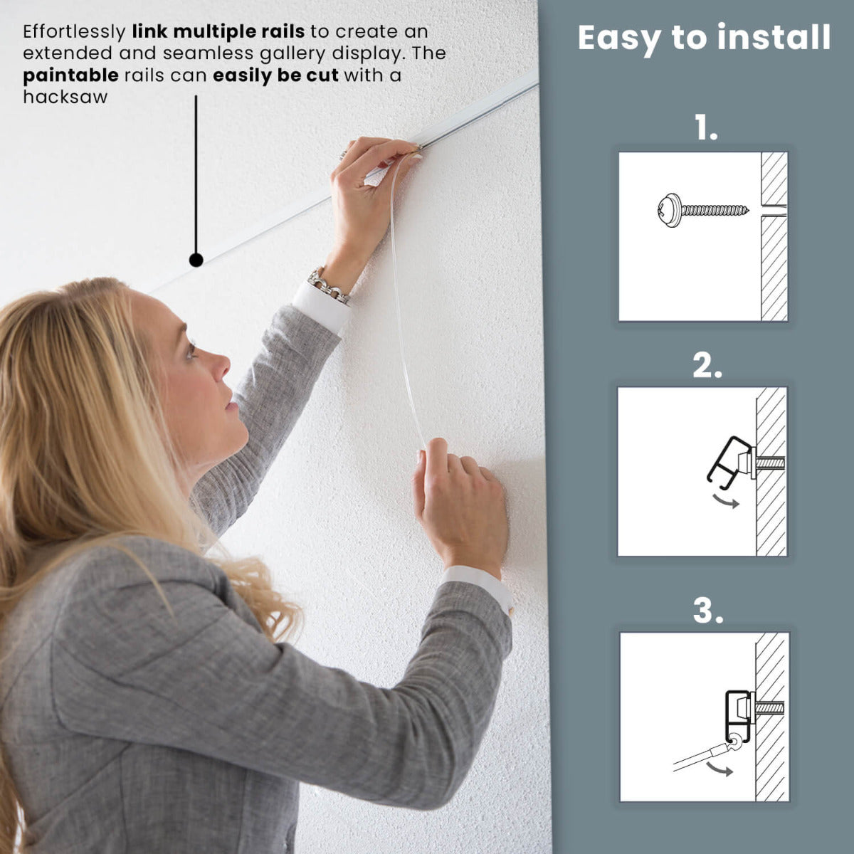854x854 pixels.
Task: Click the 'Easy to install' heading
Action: pyautogui.click(x=704, y=38)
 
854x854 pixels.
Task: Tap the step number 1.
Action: pyautogui.click(x=706, y=129)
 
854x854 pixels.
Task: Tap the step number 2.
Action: pyautogui.click(x=707, y=366)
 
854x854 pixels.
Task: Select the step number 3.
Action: pyautogui.click(x=707, y=611)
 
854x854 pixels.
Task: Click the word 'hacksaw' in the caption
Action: pyautogui.click(x=65, y=97)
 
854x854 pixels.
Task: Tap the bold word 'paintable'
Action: pyautogui.click(x=70, y=75)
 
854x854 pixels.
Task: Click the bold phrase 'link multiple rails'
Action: pyautogui.click(x=218, y=31)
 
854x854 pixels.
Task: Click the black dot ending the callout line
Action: pyautogui.click(x=196, y=260)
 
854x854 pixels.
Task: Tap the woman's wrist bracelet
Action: pyautogui.click(x=329, y=284)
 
